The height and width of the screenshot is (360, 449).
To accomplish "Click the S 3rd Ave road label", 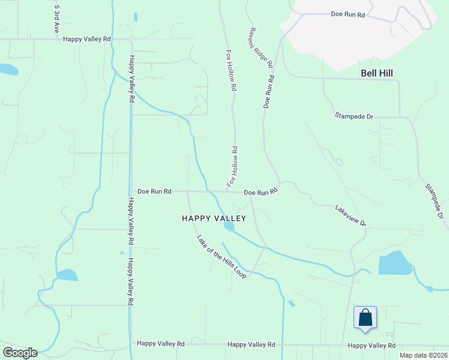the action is click(57, 19).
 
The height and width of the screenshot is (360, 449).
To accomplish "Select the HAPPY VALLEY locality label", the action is click(214, 218).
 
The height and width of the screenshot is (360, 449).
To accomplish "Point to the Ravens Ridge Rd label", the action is click(262, 47).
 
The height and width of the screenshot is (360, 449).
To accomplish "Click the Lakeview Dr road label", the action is click(351, 214).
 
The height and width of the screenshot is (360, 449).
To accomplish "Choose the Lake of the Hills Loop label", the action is click(221, 256).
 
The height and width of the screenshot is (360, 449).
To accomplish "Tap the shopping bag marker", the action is click(365, 317).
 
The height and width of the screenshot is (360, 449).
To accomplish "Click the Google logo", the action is click(20, 353).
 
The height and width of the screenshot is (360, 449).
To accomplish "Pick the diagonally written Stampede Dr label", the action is click(434, 201).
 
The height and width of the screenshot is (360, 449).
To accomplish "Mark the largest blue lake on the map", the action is click(394, 263).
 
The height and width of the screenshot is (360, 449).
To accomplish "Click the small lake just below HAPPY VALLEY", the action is click(229, 226).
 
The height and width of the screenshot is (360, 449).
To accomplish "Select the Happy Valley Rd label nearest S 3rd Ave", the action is click(87, 39).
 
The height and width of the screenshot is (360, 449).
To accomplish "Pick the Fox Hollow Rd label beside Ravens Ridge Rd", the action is click(230, 70).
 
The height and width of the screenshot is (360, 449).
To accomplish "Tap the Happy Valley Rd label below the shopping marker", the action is click(372, 345).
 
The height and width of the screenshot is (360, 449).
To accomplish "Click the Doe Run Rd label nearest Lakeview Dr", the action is click(261, 192).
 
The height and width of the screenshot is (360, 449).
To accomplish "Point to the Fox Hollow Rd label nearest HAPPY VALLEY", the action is click(232, 166).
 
